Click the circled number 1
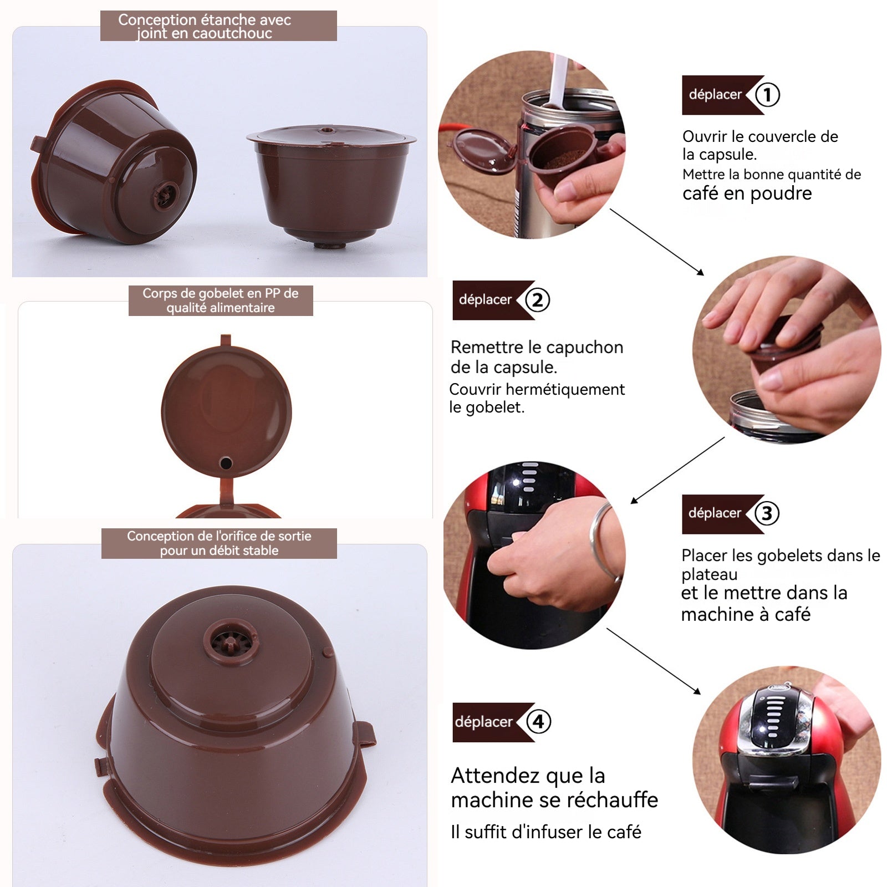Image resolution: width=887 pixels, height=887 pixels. pos(767,95)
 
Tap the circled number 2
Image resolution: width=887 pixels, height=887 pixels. pos(537,300)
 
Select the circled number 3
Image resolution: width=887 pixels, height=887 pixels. pos(767,513)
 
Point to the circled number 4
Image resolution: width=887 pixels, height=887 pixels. pos(538,722)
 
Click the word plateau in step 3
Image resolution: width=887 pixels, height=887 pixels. pos(710,575)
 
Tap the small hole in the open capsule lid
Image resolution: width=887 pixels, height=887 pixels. pos(226,462)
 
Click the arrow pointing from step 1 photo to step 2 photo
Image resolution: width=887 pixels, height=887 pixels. pos(657,242)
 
